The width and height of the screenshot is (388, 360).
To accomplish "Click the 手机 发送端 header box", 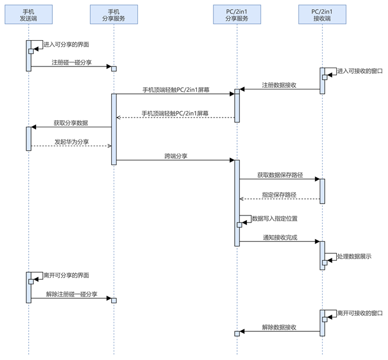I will tap(28, 15).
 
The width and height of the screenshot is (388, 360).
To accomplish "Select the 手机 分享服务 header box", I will tap(114, 15).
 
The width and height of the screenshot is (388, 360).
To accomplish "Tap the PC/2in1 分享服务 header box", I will tap(236, 15).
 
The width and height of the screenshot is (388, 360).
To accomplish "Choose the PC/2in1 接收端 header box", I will tap(322, 15).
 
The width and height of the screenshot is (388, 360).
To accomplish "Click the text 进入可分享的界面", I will tap(66, 44).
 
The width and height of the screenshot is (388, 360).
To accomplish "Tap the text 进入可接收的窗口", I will tap(360, 71).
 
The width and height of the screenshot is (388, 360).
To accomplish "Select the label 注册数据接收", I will tap(279, 85).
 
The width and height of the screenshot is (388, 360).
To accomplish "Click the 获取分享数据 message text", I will tap(71, 123).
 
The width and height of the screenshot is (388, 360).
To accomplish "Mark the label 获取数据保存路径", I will tap(279, 174).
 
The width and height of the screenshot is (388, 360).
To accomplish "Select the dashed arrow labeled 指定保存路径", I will tap(279, 199).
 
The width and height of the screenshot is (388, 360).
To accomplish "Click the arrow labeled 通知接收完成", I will tap(279, 241).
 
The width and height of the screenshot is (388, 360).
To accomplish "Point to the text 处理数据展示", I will tap(354, 256).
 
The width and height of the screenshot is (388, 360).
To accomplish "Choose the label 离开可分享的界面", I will tap(66, 275).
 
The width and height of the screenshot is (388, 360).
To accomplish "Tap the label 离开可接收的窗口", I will tap(360, 313).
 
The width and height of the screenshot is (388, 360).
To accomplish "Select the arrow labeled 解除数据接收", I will tap(279, 331).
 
